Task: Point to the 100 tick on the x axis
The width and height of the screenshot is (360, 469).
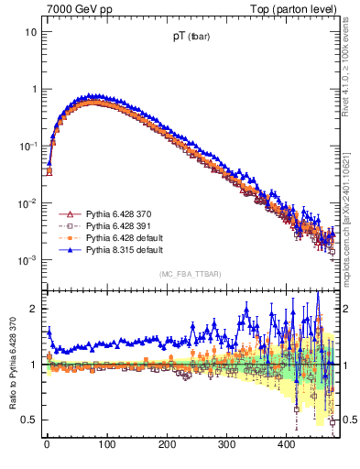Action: coord(106,444)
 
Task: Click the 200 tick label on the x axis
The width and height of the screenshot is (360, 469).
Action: coord(167,444)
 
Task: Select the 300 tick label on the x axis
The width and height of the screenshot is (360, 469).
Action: coord(226,444)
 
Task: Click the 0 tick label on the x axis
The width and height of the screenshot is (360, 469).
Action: coord(47,444)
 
